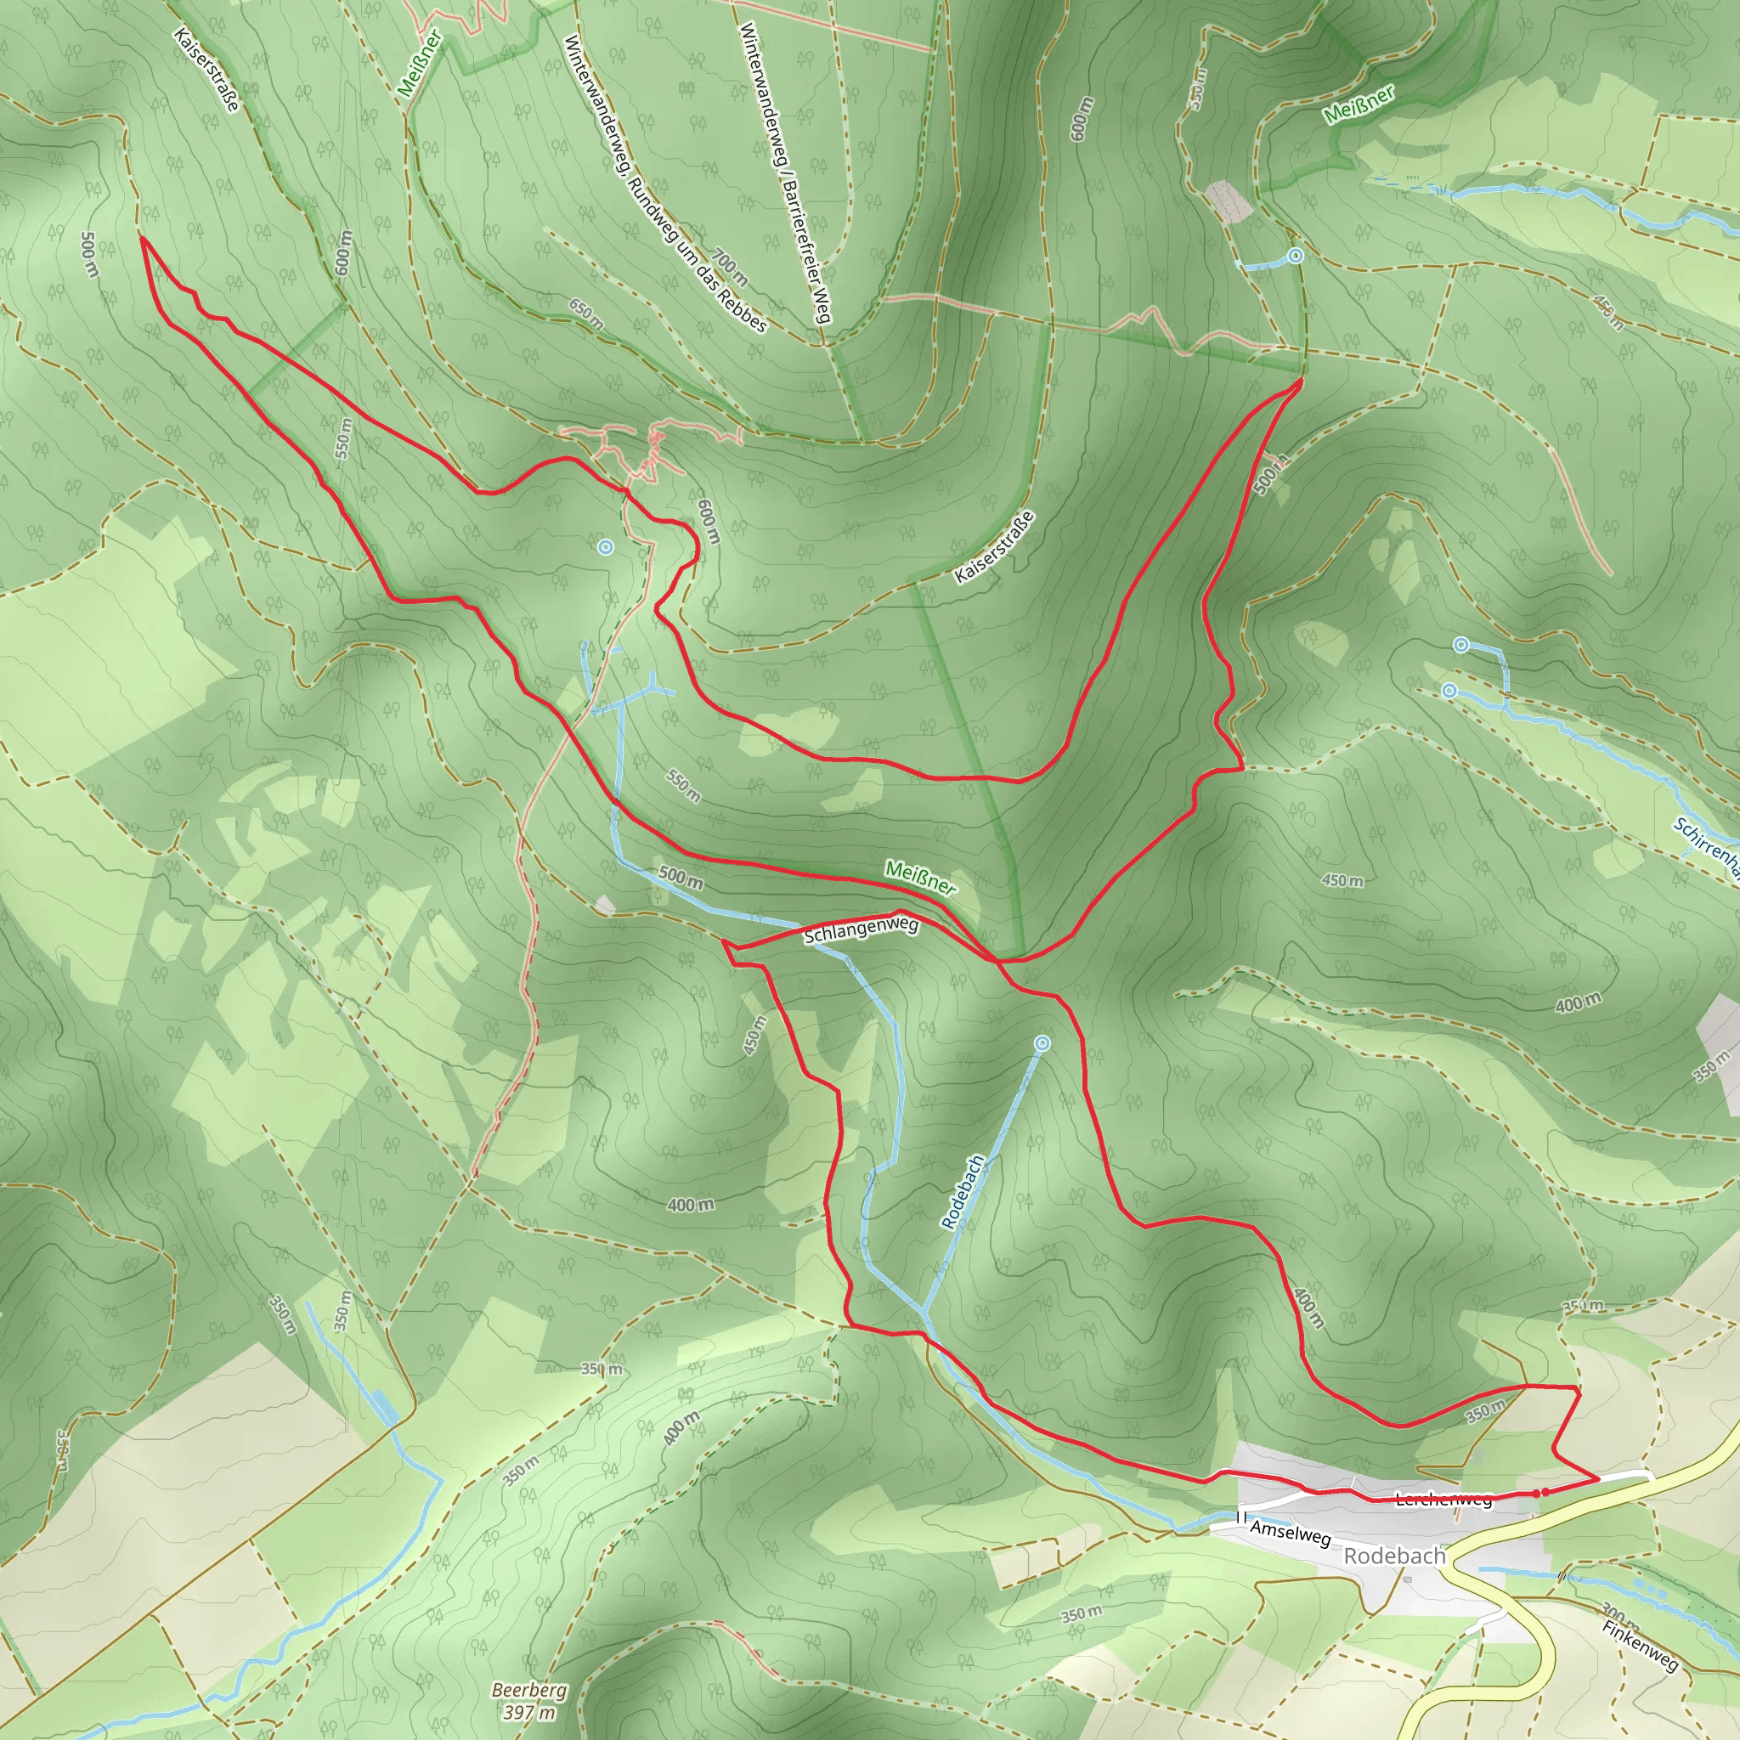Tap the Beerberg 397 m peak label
pyautogui.click(x=528, y=1700)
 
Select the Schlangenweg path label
pyautogui.click(x=861, y=929)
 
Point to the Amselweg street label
pyautogui.click(x=1290, y=1532)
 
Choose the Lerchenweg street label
pyautogui.click(x=1443, y=1500)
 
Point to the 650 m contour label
pyautogui.click(x=586, y=312)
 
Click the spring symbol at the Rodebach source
pyautogui.click(x=1042, y=1044)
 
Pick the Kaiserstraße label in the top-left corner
pyautogui.click(x=207, y=70)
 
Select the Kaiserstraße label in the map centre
pyautogui.click(x=994, y=546)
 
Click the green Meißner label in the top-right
pyautogui.click(x=1359, y=104)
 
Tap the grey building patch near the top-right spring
pyautogui.click(x=1229, y=201)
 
